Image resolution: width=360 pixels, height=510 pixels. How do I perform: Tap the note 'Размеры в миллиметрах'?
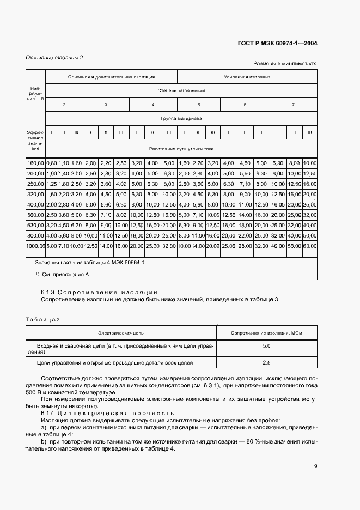(284, 64)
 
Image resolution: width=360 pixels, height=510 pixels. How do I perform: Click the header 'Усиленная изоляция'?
(247, 77)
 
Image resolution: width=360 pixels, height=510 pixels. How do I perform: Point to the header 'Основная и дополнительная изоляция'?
(111, 77)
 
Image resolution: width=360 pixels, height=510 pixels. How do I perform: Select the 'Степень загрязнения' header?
(181, 90)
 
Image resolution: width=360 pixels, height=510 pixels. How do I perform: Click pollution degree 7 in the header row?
(293, 104)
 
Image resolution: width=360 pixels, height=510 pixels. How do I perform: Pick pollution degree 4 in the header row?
(152, 104)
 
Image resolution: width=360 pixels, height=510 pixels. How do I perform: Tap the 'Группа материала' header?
(181, 118)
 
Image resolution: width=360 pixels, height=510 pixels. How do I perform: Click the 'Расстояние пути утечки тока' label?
(181, 148)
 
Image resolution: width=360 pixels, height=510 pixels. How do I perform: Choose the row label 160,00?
(35, 162)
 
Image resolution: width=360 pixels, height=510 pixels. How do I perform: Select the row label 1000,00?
(35, 246)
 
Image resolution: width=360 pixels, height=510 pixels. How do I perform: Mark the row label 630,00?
(35, 226)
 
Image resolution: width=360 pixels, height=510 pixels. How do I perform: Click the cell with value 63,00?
(310, 246)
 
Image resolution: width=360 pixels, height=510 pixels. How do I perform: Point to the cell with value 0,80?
(52, 162)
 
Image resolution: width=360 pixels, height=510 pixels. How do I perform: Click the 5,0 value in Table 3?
(267, 346)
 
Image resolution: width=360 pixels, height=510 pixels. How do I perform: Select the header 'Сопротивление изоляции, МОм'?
(267, 332)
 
